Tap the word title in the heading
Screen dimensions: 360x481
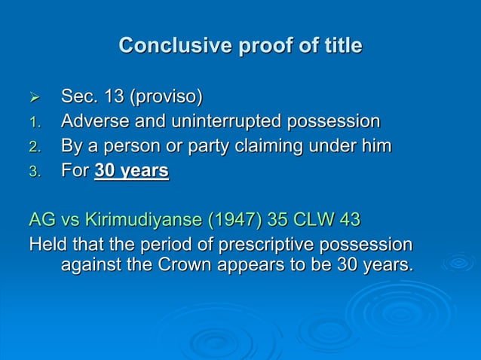(339, 46)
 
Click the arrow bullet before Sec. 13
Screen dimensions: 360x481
(33, 98)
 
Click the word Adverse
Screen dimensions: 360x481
(94, 122)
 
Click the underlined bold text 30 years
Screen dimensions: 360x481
(131, 171)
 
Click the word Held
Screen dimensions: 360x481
(47, 246)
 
